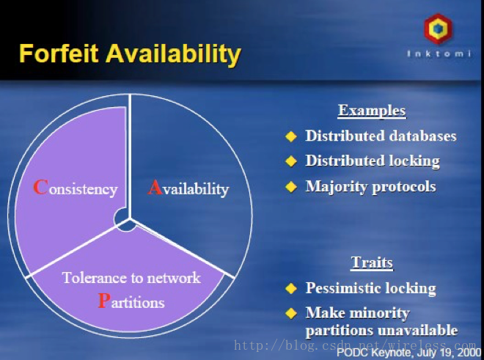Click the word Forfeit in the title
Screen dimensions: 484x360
click(x=59, y=53)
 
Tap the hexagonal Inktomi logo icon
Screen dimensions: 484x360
click(x=439, y=29)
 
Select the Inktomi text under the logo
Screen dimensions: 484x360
click(x=439, y=54)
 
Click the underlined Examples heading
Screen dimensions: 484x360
click(x=372, y=111)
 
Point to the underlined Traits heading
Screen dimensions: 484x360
click(x=372, y=262)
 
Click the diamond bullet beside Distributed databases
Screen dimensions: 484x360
click(x=291, y=136)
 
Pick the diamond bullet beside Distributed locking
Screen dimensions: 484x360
click(x=291, y=161)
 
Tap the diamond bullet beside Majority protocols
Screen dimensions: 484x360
click(x=291, y=186)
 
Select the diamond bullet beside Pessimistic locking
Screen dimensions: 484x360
click(x=291, y=288)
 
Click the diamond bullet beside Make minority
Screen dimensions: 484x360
click(x=291, y=313)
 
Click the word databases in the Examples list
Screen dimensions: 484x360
click(x=423, y=136)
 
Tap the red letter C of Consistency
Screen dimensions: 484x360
click(x=40, y=187)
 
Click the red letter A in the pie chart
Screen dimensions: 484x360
click(x=155, y=187)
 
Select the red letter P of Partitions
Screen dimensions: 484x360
click(x=104, y=301)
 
